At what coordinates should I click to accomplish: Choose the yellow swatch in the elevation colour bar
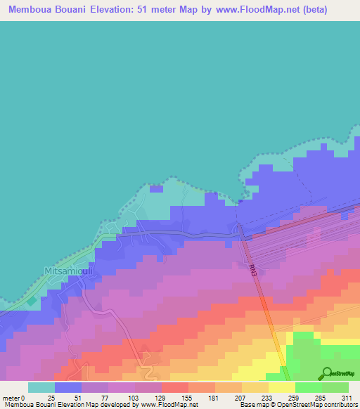point(281,387)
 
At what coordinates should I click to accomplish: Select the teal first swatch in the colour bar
point(41,387)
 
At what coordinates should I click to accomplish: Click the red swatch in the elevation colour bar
point(174,387)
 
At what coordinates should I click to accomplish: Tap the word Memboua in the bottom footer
point(17,405)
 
